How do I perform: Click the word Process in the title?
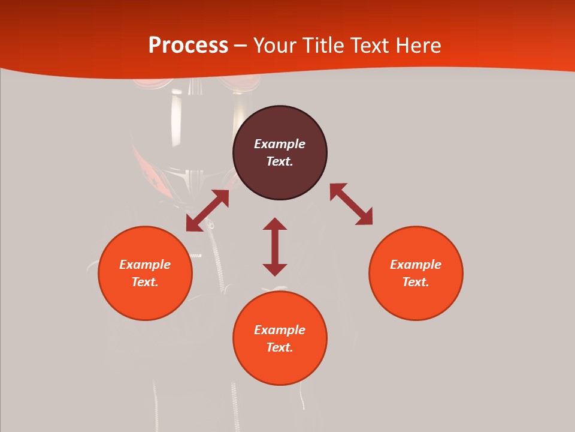[x=188, y=46]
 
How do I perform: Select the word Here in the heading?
[x=417, y=46]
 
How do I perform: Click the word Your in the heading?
[x=275, y=46]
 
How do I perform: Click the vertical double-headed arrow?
[x=275, y=247]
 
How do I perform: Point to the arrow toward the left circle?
[x=207, y=211]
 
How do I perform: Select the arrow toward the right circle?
[x=351, y=205]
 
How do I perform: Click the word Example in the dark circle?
[x=280, y=144]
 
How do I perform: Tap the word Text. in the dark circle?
[x=280, y=161]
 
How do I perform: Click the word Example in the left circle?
[x=145, y=265]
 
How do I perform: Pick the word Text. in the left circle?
[x=145, y=282]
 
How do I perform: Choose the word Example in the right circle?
[x=416, y=265]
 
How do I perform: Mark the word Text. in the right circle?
[x=416, y=282]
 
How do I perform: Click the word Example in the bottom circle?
[x=280, y=330]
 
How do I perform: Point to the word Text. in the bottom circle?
[x=280, y=347]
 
